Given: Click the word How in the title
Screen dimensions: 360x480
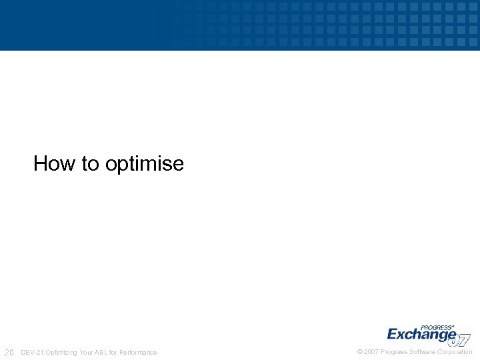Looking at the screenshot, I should (x=55, y=163).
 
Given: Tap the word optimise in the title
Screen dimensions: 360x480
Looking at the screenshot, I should (x=145, y=165).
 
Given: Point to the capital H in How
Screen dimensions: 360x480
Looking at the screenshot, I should (x=41, y=163).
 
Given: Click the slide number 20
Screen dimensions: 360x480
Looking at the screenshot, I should (x=9, y=352).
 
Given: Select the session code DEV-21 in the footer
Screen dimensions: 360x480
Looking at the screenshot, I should (x=31, y=352).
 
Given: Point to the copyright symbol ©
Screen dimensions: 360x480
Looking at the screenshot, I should (x=360, y=352).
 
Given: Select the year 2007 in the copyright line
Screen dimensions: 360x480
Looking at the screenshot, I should (x=371, y=352).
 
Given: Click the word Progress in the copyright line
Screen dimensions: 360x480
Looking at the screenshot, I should (x=393, y=352).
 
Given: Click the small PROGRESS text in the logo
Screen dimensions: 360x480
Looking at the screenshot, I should (x=437, y=327).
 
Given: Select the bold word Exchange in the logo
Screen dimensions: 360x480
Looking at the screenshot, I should (x=421, y=335).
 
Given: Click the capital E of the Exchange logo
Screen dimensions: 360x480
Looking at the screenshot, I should (x=393, y=334).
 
